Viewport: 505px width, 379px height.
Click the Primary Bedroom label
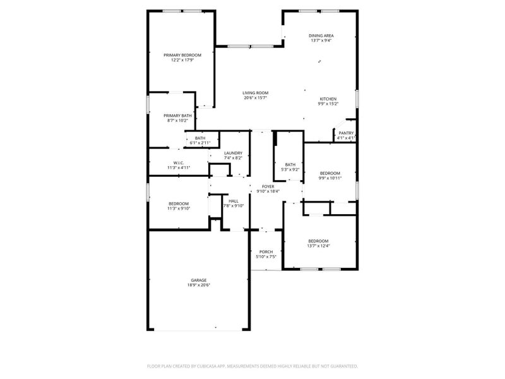coord(178,55)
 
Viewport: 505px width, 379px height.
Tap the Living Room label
coord(256,93)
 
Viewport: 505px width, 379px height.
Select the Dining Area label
coord(321,35)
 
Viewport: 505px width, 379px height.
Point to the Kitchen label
coord(328,99)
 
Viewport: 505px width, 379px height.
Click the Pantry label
coord(346,133)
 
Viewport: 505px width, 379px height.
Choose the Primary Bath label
coord(177,116)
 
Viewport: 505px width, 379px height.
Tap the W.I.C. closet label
coord(179,163)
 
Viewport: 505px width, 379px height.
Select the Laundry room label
coord(234,153)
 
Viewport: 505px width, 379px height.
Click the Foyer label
coord(268,187)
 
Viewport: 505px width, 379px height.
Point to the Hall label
coord(233,200)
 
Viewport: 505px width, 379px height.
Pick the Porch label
coord(266,252)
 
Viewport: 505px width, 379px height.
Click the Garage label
coord(199,280)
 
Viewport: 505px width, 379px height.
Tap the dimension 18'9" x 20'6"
coord(199,285)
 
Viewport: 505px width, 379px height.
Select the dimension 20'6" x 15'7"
coord(256,98)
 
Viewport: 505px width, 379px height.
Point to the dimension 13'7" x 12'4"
coord(318,246)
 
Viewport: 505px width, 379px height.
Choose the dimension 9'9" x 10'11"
coord(330,178)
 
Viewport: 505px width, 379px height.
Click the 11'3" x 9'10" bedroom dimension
coord(179,208)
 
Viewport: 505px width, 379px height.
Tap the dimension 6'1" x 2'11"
coord(199,143)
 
